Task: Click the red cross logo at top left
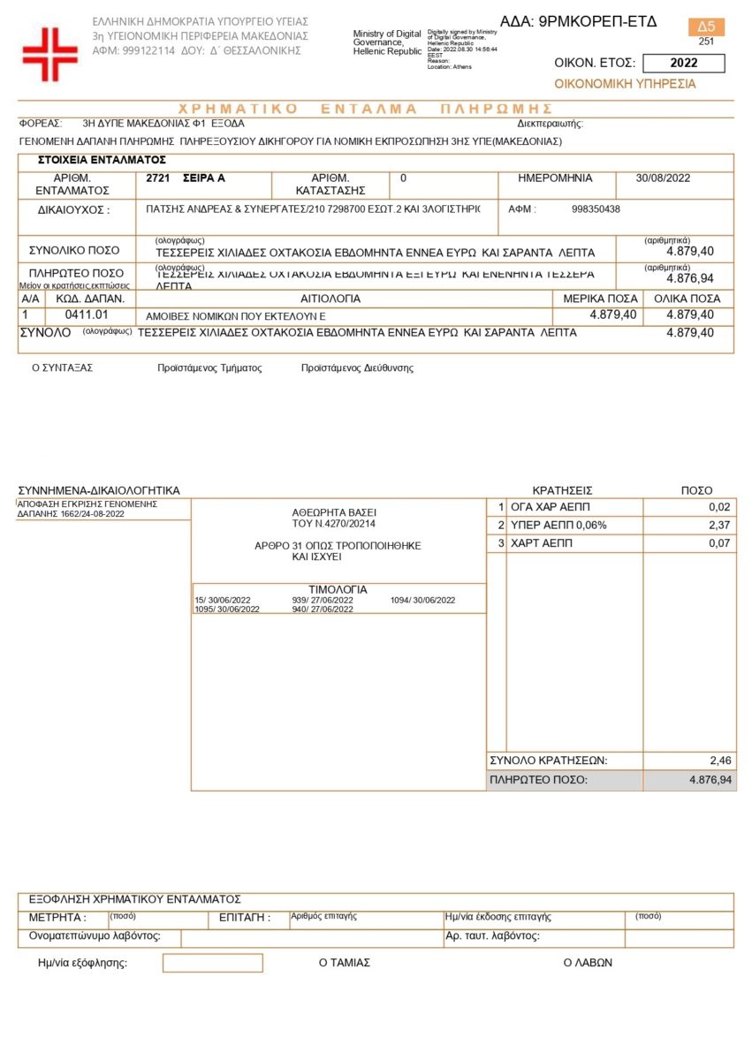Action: (50, 55)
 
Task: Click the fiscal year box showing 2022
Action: (683, 63)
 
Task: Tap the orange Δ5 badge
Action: (706, 26)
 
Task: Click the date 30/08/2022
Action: (663, 178)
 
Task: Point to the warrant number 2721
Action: (157, 178)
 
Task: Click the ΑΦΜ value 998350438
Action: (596, 209)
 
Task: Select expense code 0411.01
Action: (87, 314)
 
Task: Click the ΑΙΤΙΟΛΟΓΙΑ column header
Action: (330, 299)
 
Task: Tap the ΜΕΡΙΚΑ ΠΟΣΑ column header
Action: (600, 299)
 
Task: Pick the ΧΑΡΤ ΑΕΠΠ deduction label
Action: (542, 543)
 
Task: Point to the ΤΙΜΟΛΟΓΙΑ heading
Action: (338, 589)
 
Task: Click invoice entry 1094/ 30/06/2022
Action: (422, 601)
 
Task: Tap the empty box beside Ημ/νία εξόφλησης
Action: (212, 963)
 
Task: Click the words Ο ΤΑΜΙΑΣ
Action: (344, 963)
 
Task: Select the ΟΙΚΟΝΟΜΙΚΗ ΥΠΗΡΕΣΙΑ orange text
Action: (625, 84)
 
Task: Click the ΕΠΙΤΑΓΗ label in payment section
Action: (244, 918)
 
